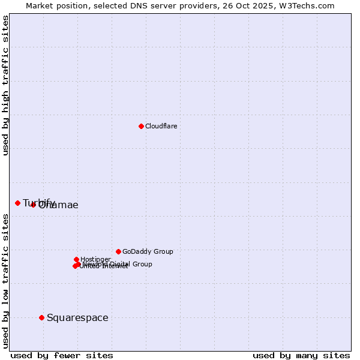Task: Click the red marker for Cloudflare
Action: pos(141,126)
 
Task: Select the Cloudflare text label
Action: pos(161,126)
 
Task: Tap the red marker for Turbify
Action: pos(17,203)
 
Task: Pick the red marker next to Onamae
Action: pos(33,205)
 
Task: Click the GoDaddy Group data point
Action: pos(118,251)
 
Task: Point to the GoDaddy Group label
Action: pos(148,251)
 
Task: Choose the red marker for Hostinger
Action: pos(76,259)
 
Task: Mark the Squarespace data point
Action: pos(41,317)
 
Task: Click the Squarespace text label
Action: pos(77,317)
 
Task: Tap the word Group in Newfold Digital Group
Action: pos(142,264)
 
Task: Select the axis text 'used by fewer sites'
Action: pos(62,355)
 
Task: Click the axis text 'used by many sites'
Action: pos(301,355)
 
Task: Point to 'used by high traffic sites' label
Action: pos(6,85)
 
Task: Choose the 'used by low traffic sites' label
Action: pos(6,280)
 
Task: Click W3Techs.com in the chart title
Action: pos(310,5)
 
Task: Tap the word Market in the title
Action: pos(39,5)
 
